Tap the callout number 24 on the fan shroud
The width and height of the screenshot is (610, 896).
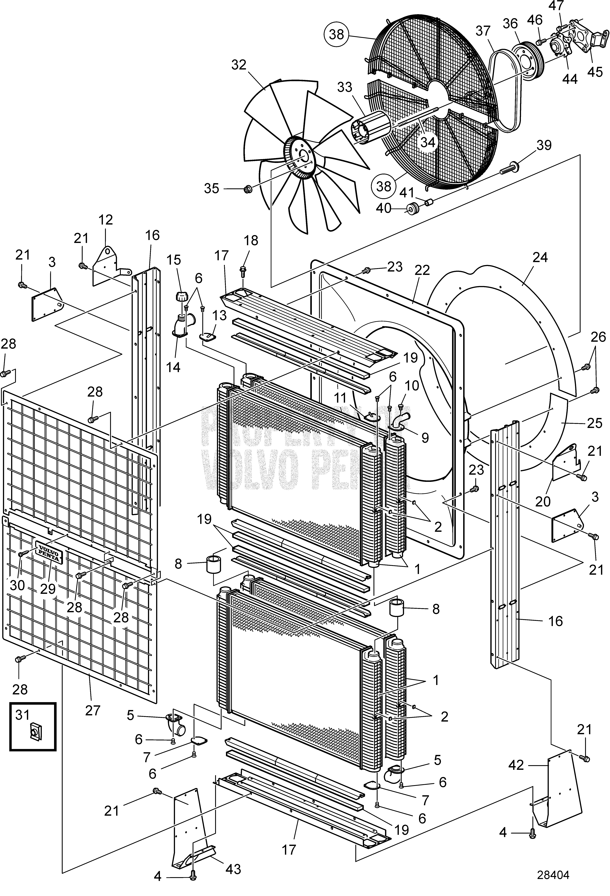coord(539,257)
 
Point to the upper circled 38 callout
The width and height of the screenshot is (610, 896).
coord(336,35)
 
